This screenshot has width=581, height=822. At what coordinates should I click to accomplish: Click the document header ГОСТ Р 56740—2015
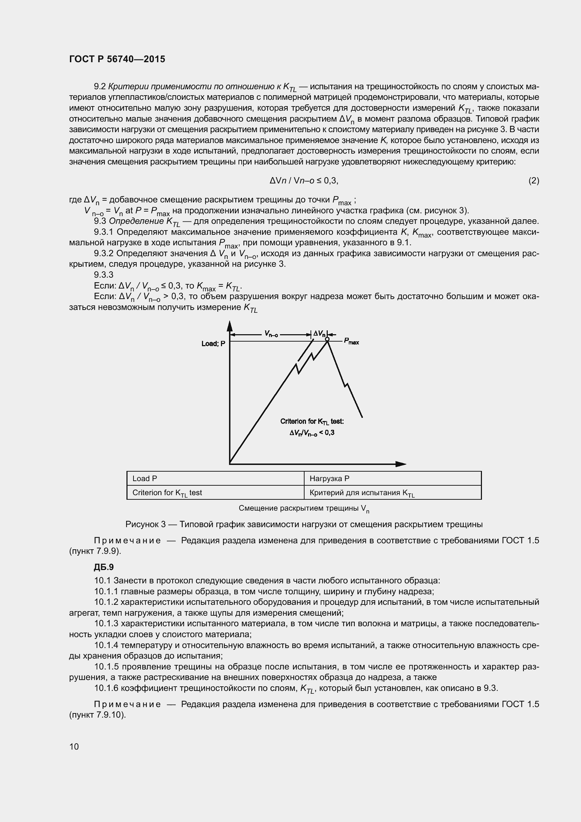tap(117, 59)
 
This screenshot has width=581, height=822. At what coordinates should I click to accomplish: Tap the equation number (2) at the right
tap(534, 181)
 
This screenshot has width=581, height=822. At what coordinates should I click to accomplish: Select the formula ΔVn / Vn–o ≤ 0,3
tap(304, 181)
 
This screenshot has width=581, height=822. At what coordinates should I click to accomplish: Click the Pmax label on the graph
tap(351, 342)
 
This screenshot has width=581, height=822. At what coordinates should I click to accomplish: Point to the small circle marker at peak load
tap(327, 339)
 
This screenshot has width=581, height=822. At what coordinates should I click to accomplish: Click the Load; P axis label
tap(213, 344)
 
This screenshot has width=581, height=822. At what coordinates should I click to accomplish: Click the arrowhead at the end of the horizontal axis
tap(401, 464)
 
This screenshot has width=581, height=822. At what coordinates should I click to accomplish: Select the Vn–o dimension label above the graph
tap(271, 334)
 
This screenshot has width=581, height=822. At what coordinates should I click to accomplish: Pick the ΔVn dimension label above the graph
tap(319, 334)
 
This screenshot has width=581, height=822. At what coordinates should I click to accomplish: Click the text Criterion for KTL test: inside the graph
tap(312, 422)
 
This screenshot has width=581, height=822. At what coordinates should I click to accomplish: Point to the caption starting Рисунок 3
tap(304, 524)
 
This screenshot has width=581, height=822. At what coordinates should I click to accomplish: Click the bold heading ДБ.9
tap(104, 567)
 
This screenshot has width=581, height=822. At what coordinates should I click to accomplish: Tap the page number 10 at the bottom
tap(74, 746)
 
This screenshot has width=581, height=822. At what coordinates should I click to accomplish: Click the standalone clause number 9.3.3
tap(103, 275)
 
